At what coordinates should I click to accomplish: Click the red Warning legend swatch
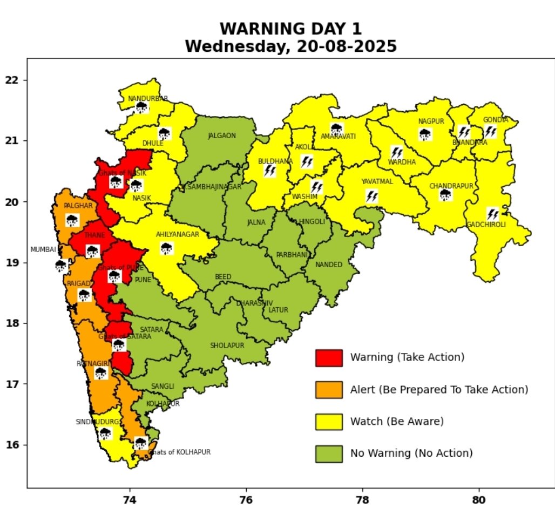[x=329, y=357]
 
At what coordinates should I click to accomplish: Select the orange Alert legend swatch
[x=329, y=390]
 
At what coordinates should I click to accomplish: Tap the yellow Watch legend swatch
[x=329, y=422]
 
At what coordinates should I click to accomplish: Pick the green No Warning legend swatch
[x=329, y=453]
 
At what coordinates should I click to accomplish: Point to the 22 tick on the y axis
[x=12, y=80]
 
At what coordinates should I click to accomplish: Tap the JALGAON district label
[x=222, y=135]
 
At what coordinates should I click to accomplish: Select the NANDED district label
[x=329, y=265]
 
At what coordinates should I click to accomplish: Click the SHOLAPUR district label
[x=227, y=345]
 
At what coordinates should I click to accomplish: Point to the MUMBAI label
[x=43, y=250]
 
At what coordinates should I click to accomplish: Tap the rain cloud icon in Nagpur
[x=425, y=134]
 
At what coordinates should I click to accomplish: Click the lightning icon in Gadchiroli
[x=492, y=214]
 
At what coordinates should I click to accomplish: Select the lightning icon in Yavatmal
[x=371, y=196]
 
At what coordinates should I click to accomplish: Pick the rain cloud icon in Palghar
[x=72, y=220]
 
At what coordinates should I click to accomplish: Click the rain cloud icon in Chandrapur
[x=445, y=195]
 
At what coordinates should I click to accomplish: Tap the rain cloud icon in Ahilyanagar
[x=166, y=248]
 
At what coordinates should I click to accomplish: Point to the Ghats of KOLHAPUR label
[x=180, y=452]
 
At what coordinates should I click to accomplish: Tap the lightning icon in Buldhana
[x=270, y=171]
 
